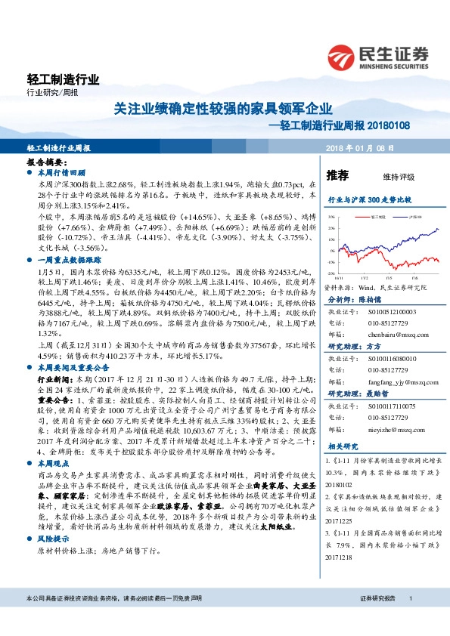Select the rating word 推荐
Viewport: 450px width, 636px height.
[337, 175]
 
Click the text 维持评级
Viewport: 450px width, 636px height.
[399, 177]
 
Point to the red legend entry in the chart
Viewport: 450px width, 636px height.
[378, 216]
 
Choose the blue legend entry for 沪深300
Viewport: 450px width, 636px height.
[411, 216]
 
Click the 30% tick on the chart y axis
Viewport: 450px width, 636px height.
[331, 216]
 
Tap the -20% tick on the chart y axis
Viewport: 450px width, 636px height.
[331, 273]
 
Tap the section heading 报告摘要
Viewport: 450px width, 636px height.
[45, 162]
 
